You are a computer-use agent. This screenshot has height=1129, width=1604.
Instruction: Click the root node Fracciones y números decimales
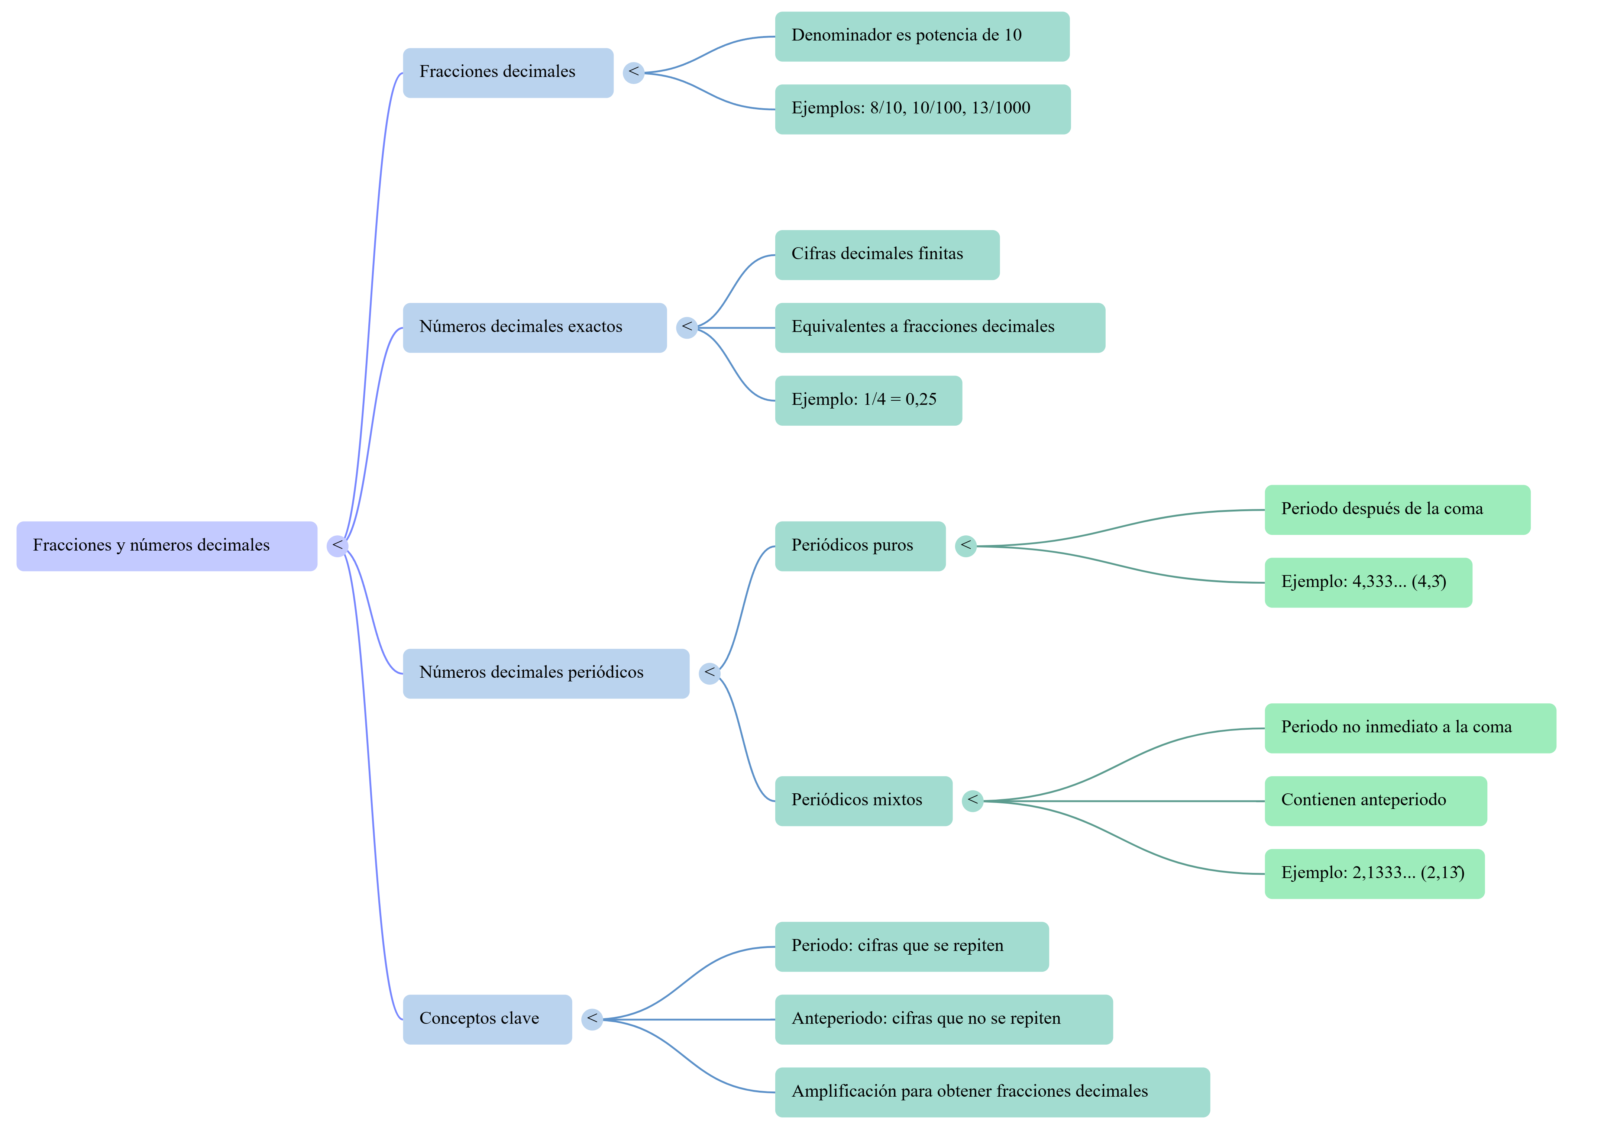pyautogui.click(x=167, y=546)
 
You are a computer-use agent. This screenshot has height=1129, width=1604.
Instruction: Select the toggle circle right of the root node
pyautogui.click(x=337, y=546)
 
